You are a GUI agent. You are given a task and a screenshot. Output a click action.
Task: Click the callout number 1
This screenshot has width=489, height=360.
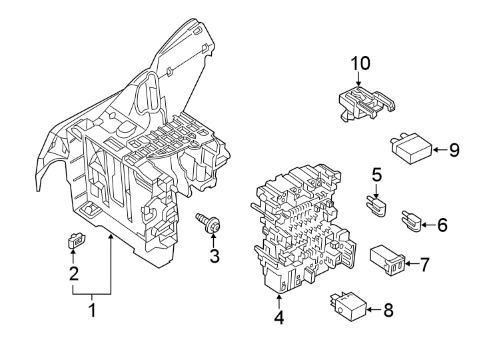pyautogui.click(x=92, y=310)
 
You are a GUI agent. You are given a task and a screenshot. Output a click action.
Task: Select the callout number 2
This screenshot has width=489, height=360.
pyautogui.click(x=74, y=273)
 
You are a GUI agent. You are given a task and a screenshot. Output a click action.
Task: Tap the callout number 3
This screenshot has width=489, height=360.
pyautogui.click(x=215, y=255)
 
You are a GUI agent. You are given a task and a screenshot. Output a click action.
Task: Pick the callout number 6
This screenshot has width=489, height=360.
pyautogui.click(x=442, y=225)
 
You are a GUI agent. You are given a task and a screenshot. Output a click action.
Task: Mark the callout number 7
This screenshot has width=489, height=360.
pyautogui.click(x=424, y=265)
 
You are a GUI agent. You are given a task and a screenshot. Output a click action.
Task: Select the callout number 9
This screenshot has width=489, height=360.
pyautogui.click(x=454, y=150)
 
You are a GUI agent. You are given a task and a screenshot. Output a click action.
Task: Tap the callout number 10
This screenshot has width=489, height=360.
pyautogui.click(x=360, y=63)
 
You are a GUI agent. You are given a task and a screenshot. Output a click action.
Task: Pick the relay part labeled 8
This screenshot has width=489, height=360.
pyautogui.click(x=347, y=306)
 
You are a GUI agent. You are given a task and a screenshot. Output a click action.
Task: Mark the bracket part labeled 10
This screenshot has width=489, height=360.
pyautogui.click(x=365, y=104)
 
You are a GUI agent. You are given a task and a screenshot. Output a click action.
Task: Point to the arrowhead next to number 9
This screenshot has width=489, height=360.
pyautogui.click(x=436, y=150)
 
